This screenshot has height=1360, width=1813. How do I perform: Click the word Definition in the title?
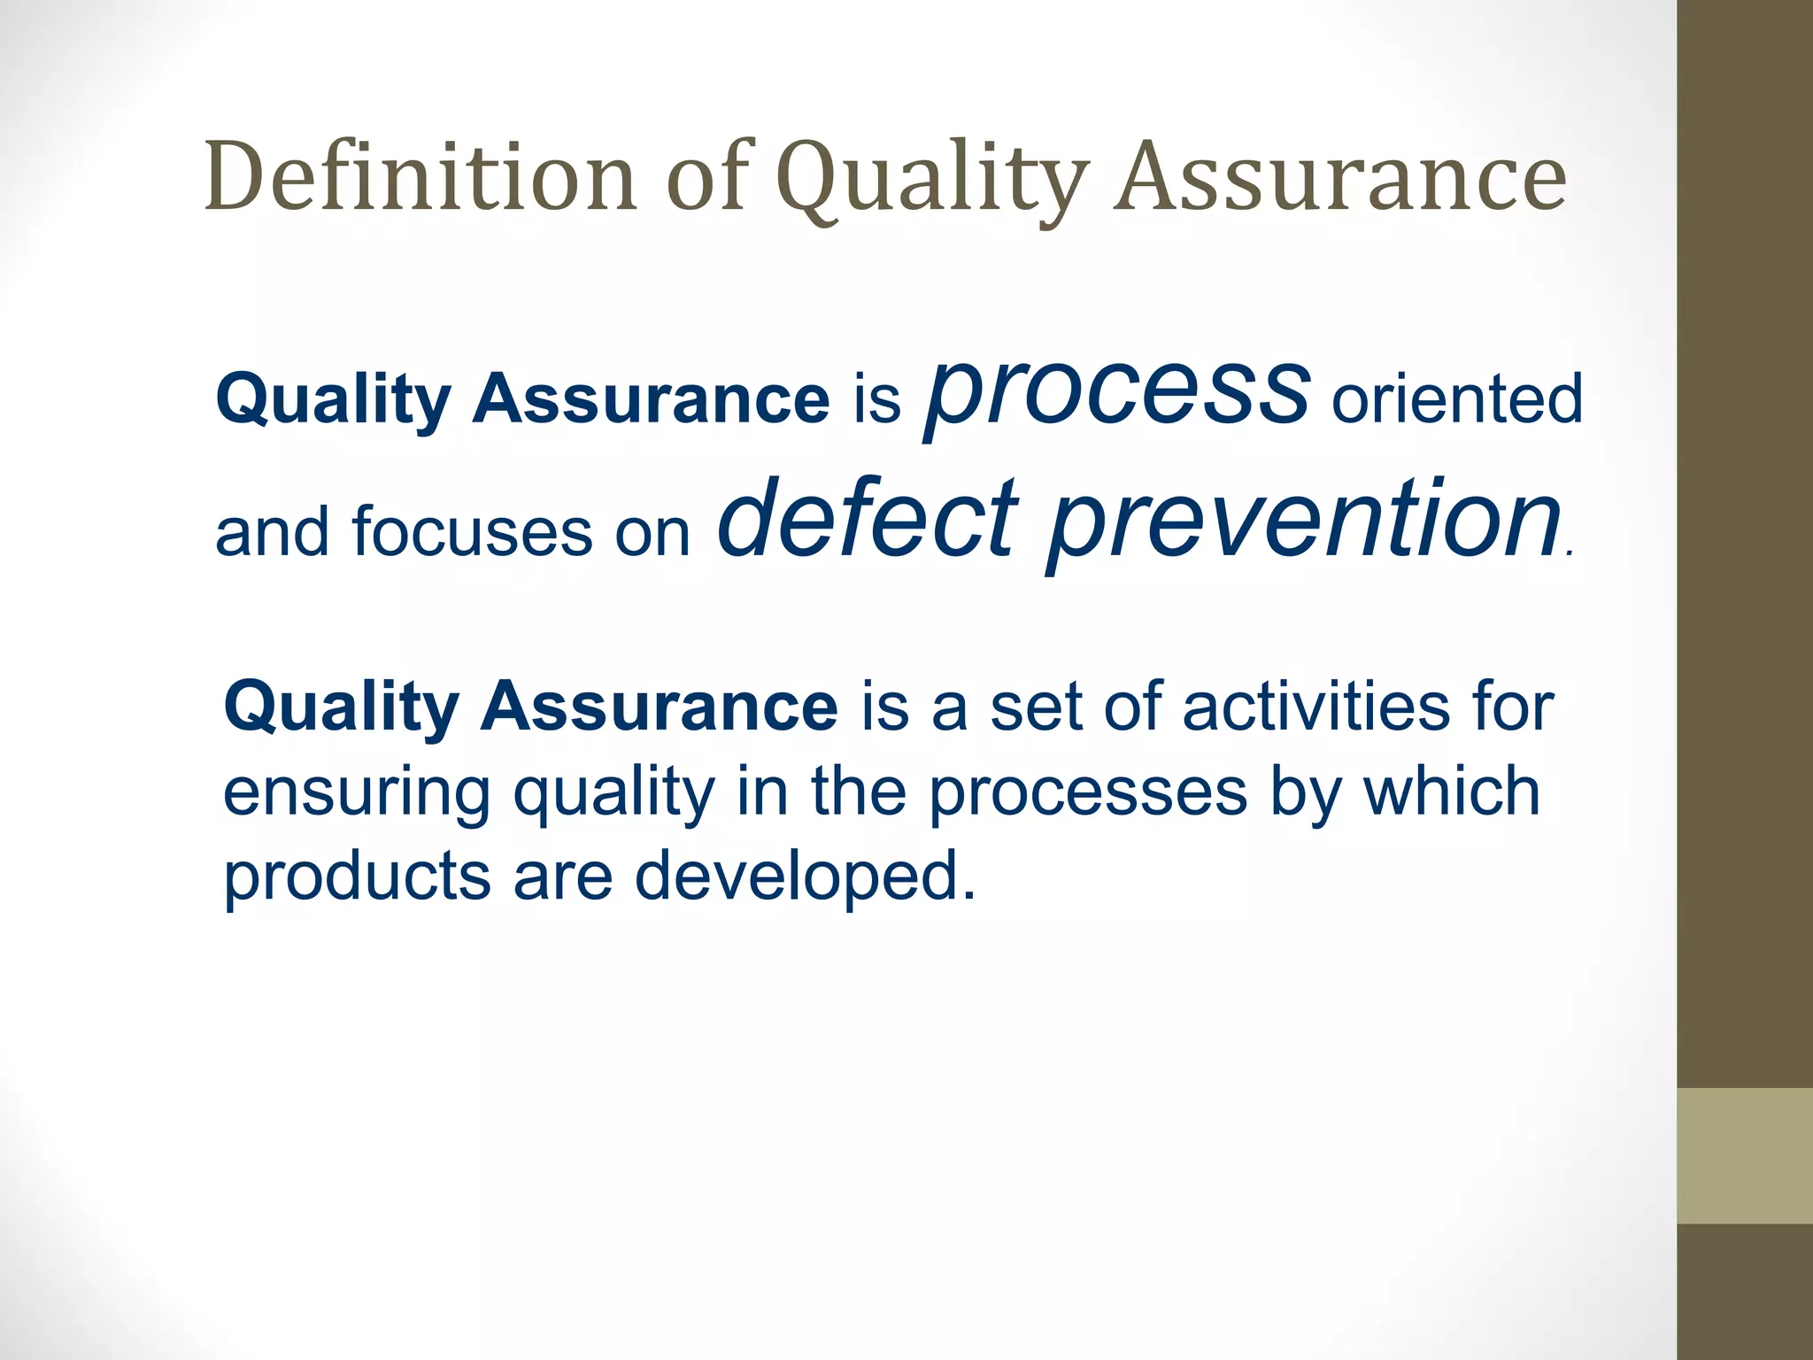coord(421,177)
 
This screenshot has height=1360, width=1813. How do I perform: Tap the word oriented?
coord(1457,399)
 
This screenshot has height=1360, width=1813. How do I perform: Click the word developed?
coord(806,877)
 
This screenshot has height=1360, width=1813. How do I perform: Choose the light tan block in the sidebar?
coord(1744,1155)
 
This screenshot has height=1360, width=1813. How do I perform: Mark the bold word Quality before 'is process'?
coord(333,400)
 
